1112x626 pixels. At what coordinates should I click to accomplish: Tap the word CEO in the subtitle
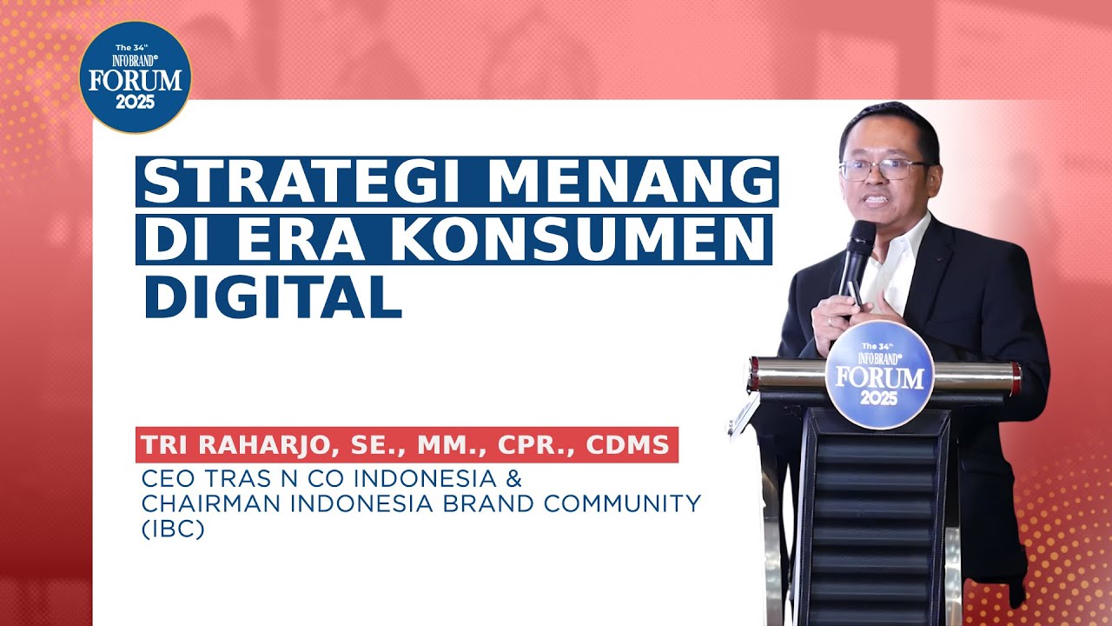tap(165, 479)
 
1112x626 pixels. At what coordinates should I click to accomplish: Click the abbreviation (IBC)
tap(173, 529)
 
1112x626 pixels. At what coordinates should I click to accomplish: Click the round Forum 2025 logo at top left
tap(135, 77)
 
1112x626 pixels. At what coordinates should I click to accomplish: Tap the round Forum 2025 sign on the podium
tap(879, 375)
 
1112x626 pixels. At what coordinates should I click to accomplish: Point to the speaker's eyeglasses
tap(883, 169)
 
